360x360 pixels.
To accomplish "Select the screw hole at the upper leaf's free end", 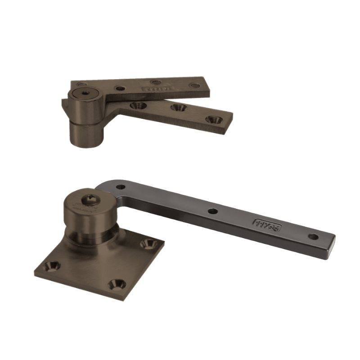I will click(194, 85).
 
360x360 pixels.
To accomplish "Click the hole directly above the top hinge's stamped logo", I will click(156, 82).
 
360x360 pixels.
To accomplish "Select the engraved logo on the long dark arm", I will click(267, 225).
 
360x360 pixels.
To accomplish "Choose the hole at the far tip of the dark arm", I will click(313, 236).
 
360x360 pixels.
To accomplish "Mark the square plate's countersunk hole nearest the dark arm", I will click(147, 243).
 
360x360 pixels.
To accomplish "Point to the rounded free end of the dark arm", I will click(331, 241).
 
